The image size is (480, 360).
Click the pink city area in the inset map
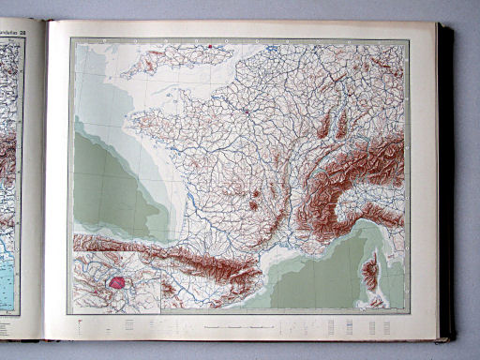(118, 279)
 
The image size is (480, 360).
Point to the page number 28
(35, 33)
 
